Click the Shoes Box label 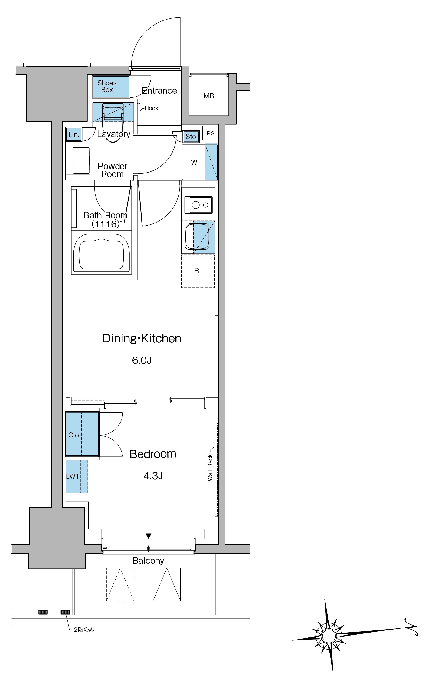click(x=107, y=86)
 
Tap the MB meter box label click(x=209, y=96)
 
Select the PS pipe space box click(x=210, y=133)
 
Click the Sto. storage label click(x=191, y=137)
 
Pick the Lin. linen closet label click(x=74, y=135)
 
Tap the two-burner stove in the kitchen click(x=198, y=205)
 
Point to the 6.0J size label click(x=142, y=360)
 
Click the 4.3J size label click(x=153, y=476)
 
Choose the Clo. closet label click(x=74, y=435)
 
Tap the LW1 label click(x=72, y=477)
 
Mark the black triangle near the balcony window click(x=148, y=536)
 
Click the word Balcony click(x=148, y=561)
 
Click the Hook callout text click(x=151, y=108)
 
